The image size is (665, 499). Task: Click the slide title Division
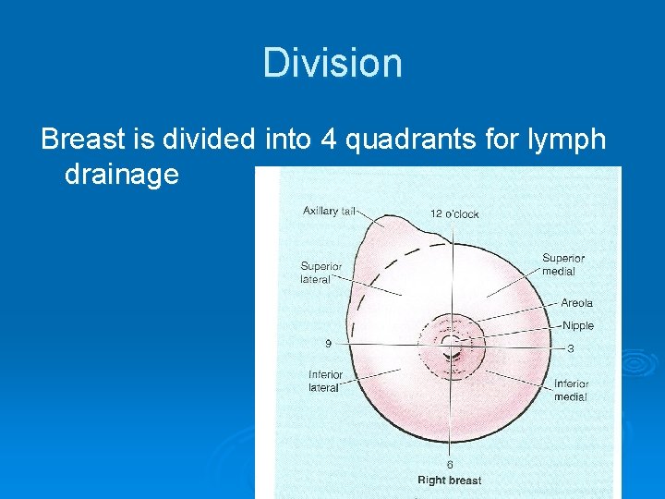332,64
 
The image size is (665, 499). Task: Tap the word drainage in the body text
121,174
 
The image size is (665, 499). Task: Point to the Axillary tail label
329,211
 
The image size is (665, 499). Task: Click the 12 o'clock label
454,213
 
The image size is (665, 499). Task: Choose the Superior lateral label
320,273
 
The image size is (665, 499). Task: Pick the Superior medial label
562,264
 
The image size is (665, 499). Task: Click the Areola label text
576,303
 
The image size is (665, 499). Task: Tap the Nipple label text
578,325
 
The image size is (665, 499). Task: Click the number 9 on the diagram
328,343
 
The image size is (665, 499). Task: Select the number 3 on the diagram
570,348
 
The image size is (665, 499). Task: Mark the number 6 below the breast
450,464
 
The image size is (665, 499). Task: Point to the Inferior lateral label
325,381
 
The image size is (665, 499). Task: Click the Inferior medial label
571,390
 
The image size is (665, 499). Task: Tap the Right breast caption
450,481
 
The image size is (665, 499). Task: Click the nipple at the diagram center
450,346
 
